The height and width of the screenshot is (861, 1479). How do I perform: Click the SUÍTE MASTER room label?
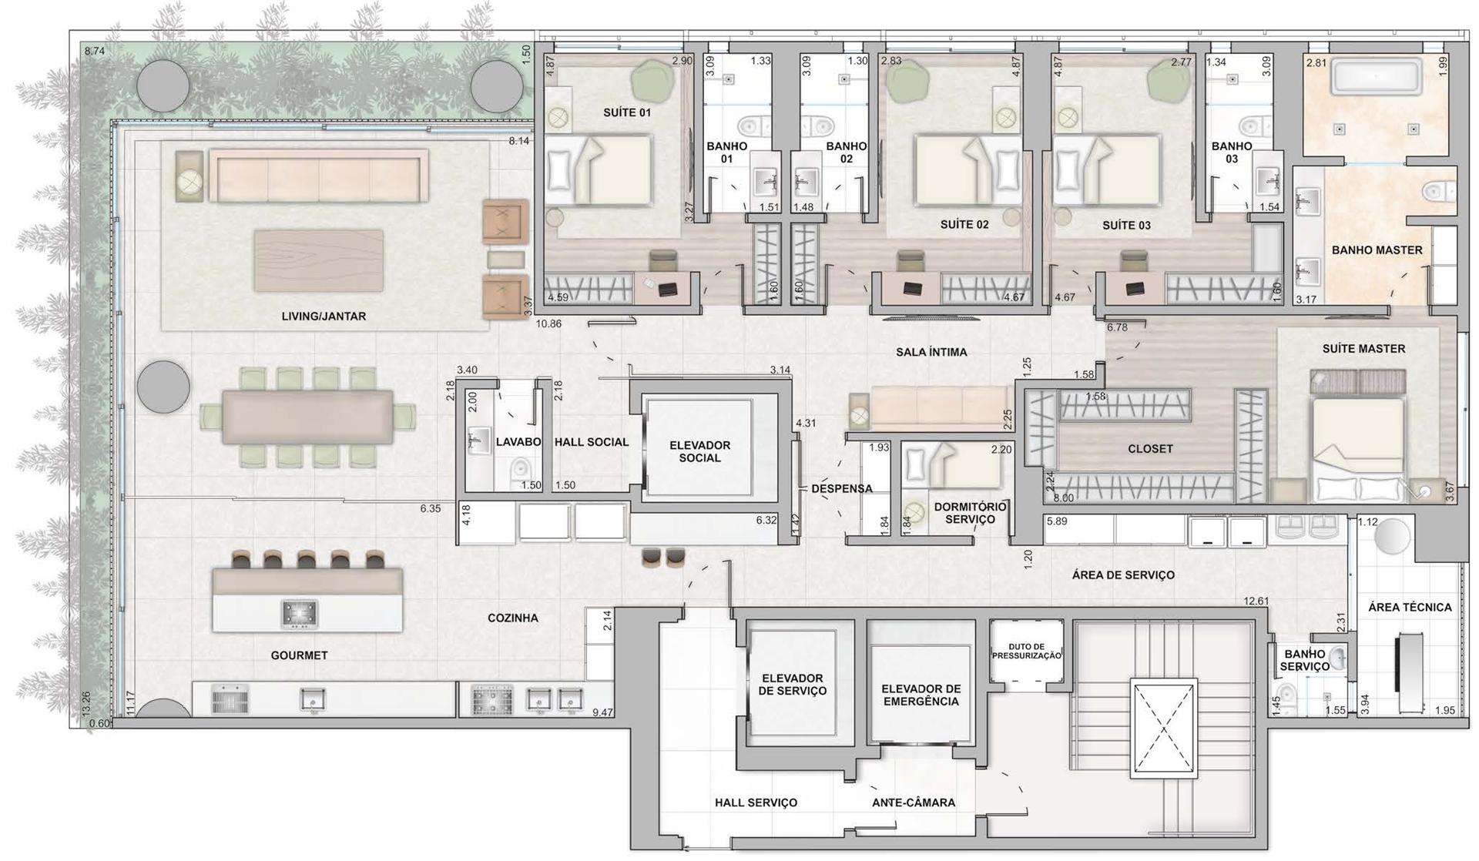point(1363,349)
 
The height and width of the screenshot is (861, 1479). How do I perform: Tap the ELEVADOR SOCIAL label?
point(699,451)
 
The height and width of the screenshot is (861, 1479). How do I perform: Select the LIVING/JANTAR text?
point(324,317)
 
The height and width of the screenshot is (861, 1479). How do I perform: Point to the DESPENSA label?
point(842,488)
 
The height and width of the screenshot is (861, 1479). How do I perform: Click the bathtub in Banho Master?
point(1377,77)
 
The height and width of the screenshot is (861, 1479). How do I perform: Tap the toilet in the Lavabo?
point(521,469)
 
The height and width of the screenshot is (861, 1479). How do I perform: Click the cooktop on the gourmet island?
point(299,613)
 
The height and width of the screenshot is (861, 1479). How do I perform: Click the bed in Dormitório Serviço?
point(953,465)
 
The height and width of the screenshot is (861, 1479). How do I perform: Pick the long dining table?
point(307,417)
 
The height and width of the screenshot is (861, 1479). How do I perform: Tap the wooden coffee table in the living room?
point(319,260)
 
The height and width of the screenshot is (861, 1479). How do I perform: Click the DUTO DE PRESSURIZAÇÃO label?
point(1027,652)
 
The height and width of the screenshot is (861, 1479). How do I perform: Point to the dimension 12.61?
point(1256,601)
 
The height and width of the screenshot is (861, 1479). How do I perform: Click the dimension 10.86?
point(548,324)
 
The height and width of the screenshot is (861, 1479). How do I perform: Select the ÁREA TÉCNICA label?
point(1410,608)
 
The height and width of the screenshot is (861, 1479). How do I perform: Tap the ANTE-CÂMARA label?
point(914,802)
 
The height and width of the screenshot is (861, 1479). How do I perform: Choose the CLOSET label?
point(1150,449)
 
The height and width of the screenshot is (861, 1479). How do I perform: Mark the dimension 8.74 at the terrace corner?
point(95,52)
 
